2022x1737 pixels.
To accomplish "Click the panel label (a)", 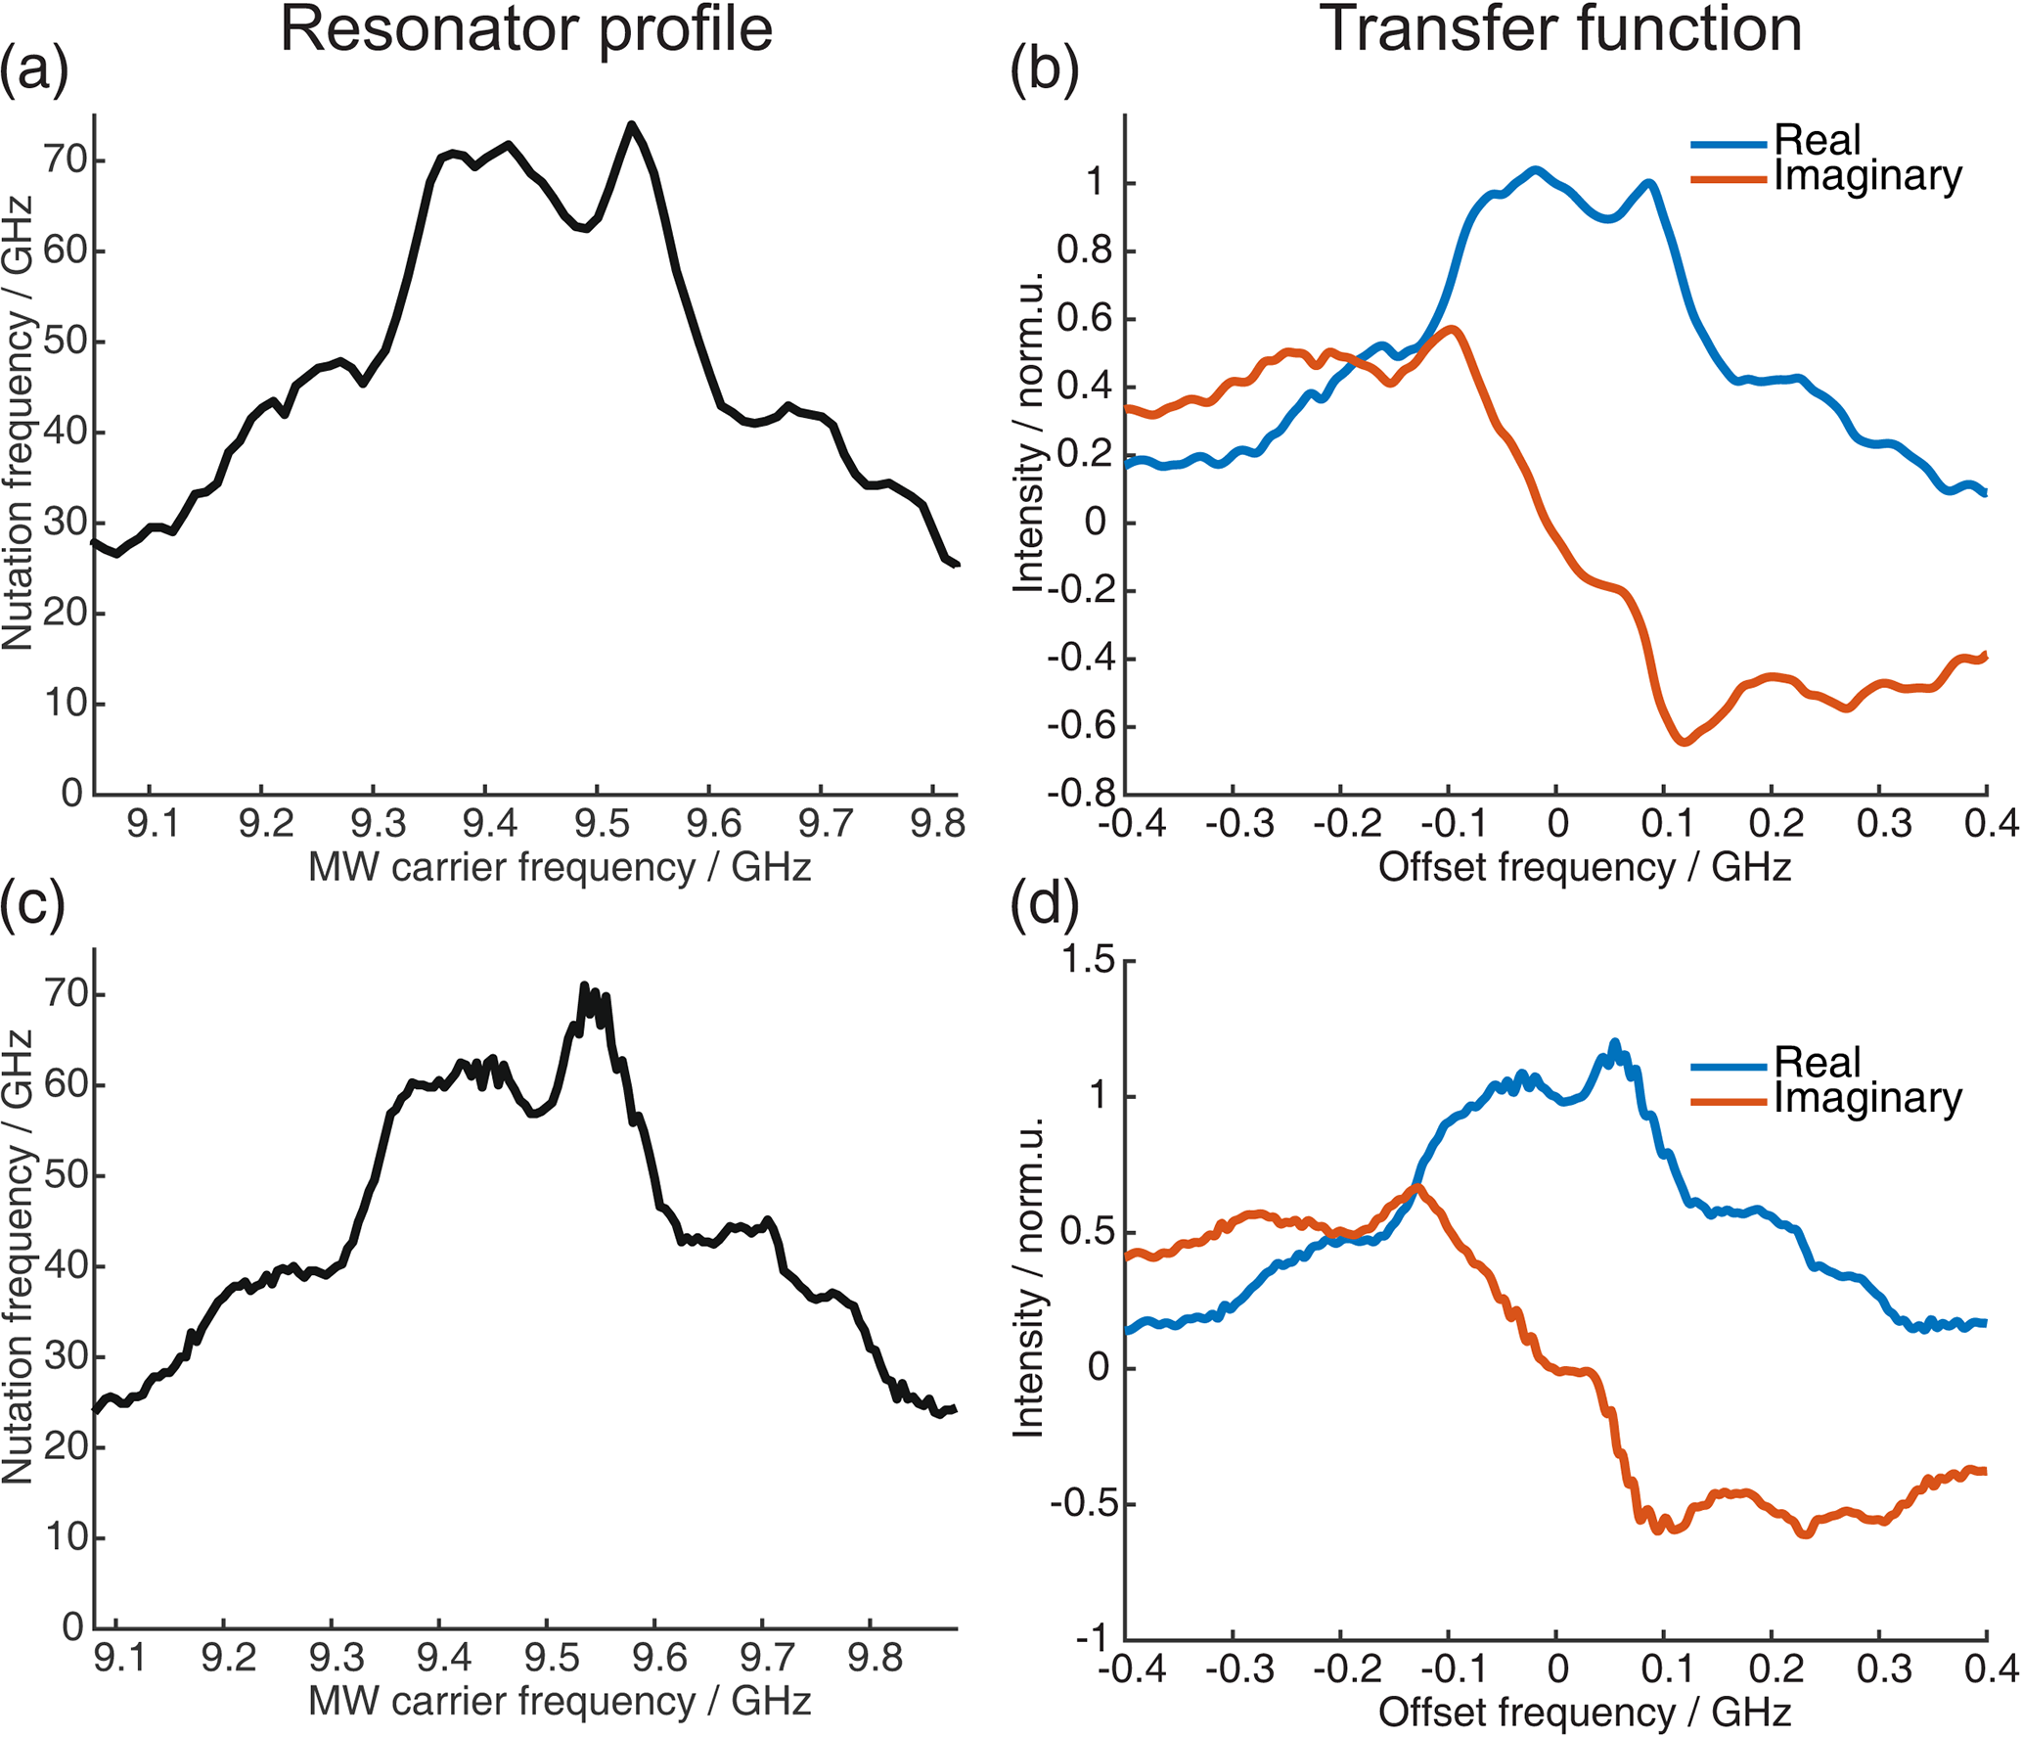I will click(35, 70).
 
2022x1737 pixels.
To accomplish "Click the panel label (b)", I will click(1044, 70).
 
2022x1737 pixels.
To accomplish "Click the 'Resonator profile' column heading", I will click(526, 29).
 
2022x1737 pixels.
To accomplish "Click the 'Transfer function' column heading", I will click(1561, 29).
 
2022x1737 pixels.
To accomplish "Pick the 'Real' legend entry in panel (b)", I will click(1817, 141).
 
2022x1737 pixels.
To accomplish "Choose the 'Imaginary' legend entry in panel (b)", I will click(1867, 177).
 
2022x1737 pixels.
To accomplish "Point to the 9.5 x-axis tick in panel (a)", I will click(601, 825).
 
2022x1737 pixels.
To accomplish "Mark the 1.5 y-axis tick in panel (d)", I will click(1088, 961).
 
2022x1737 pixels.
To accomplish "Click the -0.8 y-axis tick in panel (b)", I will click(1081, 793).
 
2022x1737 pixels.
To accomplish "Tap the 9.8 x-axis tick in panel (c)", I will click(875, 1659).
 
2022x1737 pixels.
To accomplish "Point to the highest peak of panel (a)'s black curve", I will click(632, 124).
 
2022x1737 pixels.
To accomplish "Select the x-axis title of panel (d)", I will click(1585, 1713).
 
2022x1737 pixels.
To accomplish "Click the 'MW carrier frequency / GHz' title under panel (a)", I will click(560, 868).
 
